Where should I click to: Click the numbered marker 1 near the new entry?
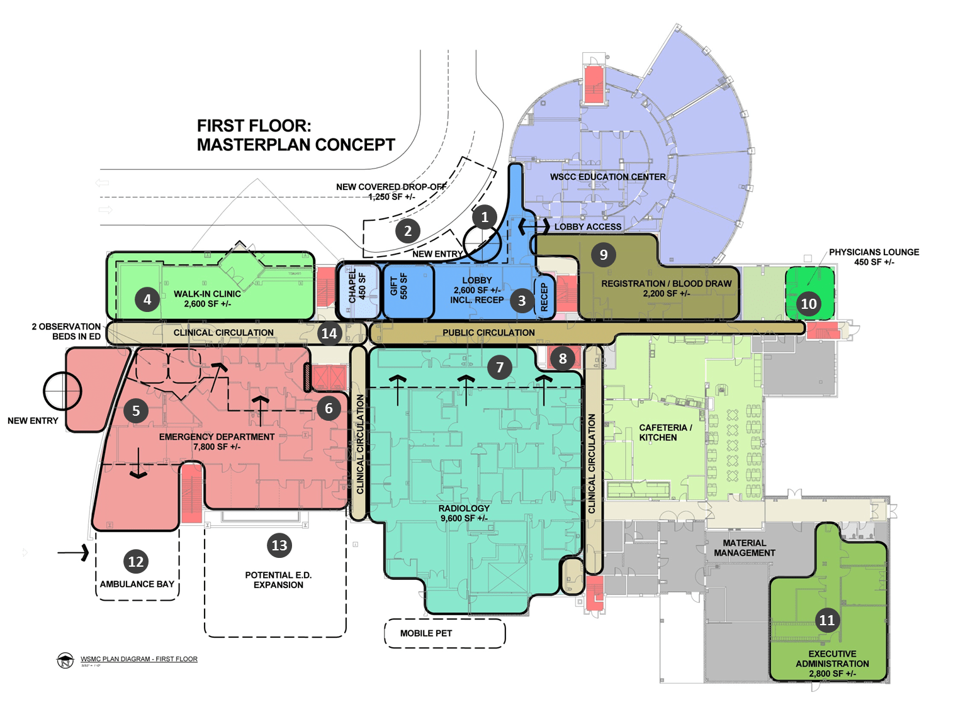coord(484,217)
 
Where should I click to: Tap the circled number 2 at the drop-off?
coord(408,231)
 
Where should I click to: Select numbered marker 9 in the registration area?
coord(603,254)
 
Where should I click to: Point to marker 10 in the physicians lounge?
coord(808,304)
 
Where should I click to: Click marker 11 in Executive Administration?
coord(826,620)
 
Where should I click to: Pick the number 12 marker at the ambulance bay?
coord(136,562)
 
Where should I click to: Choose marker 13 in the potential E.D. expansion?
coord(279,545)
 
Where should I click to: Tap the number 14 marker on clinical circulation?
coord(329,333)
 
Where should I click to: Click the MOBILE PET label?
coord(426,633)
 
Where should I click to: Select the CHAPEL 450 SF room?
coord(357,290)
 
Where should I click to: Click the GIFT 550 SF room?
coord(399,288)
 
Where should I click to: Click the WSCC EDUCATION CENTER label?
coord(607,177)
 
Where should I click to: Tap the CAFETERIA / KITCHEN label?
coord(665,432)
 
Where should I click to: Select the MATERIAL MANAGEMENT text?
coord(744,548)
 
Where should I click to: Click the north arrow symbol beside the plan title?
coord(65,660)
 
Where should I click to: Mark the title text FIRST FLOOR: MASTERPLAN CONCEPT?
coord(296,135)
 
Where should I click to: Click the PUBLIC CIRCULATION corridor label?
coord(488,333)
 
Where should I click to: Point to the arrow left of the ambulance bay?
coord(74,553)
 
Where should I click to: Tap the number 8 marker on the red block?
coord(562,359)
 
